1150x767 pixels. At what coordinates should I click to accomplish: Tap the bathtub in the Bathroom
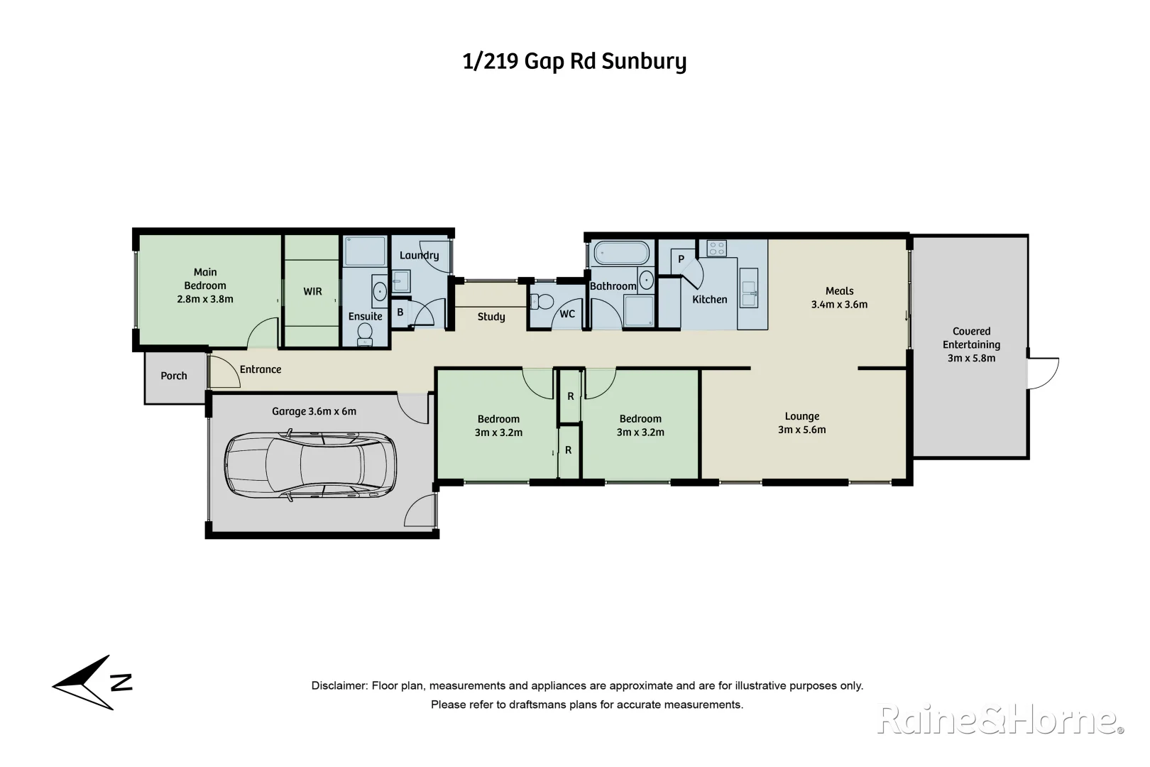point(621,254)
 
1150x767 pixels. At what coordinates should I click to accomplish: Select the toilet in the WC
point(543,301)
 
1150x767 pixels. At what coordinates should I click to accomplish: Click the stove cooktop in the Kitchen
point(716,248)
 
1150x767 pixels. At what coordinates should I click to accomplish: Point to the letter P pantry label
point(681,259)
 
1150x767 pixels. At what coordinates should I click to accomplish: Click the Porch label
point(174,376)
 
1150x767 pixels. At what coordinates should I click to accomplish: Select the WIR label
point(312,291)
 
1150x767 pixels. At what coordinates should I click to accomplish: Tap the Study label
point(491,317)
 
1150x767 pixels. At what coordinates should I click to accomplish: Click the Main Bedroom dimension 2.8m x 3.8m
point(205,299)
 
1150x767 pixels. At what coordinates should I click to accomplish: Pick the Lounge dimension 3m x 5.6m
point(802,430)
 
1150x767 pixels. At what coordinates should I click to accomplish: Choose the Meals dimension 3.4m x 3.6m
point(839,304)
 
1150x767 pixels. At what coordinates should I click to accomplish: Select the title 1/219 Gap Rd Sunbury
point(574,62)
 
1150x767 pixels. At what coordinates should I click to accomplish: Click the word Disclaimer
point(339,686)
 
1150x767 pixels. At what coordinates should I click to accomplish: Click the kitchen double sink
point(748,288)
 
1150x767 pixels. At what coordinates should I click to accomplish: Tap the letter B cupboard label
point(400,312)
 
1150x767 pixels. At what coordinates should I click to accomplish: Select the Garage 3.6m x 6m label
point(314,411)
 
